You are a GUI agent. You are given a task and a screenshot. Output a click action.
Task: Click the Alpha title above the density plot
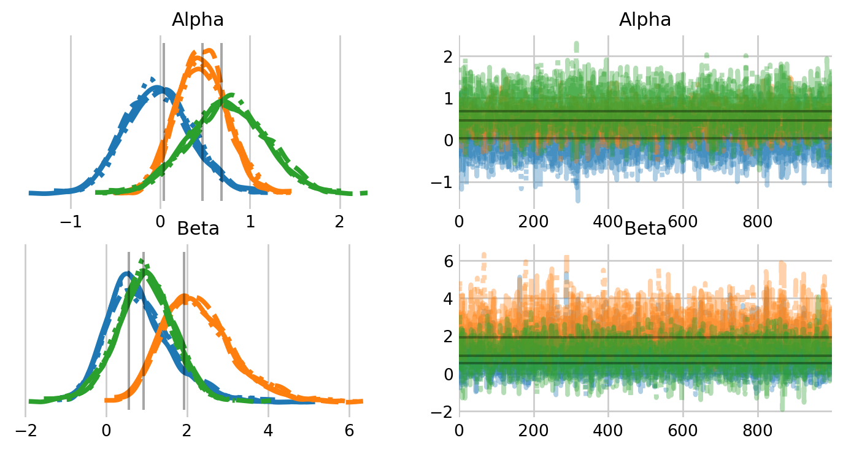tap(198, 20)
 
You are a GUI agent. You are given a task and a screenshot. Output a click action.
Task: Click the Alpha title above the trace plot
tap(645, 20)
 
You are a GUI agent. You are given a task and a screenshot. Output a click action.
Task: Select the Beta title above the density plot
tap(198, 229)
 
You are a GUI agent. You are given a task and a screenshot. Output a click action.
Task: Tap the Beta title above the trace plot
tap(645, 229)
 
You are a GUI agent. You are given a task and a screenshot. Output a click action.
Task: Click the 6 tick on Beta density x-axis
tap(349, 429)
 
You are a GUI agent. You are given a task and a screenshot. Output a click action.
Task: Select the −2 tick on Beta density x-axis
tap(25, 429)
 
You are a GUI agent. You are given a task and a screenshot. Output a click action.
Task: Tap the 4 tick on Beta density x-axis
tap(268, 429)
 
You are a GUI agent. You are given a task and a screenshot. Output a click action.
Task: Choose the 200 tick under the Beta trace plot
tap(534, 429)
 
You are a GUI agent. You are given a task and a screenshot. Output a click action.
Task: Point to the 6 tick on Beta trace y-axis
tap(447, 261)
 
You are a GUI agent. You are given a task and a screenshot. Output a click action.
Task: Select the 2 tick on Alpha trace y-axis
tap(447, 57)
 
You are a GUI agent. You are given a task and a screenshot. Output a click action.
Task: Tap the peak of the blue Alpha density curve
tap(158, 87)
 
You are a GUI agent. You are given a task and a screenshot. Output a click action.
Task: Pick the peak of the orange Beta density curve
tap(185, 297)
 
